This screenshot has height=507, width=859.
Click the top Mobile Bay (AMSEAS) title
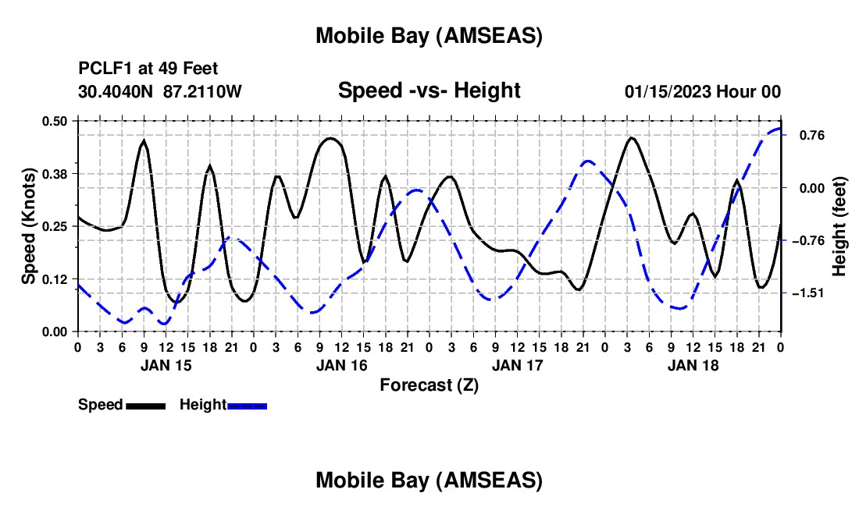(429, 36)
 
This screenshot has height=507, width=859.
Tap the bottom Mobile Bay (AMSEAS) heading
(429, 480)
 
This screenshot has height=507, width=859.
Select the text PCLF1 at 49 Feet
(148, 69)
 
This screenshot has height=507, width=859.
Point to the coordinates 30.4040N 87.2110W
(160, 91)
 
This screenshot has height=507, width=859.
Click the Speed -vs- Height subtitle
(429, 90)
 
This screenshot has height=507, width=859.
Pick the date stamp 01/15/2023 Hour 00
(703, 91)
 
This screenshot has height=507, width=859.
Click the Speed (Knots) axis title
(29, 226)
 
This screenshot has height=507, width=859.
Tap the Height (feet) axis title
(839, 226)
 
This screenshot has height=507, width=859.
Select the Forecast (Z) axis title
(429, 385)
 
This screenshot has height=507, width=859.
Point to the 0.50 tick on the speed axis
(55, 121)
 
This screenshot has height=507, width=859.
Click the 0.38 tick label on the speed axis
(55, 173)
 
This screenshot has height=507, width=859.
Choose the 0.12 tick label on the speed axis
(55, 279)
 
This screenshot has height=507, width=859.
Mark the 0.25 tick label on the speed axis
(55, 226)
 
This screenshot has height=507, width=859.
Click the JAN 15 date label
(165, 364)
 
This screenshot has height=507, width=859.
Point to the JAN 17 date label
(516, 364)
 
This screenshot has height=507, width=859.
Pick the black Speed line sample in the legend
(146, 406)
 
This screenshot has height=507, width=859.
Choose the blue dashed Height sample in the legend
(248, 406)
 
